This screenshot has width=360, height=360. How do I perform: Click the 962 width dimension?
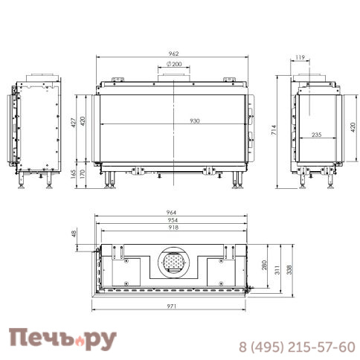click(173, 54)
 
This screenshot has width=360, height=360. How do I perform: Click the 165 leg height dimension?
click(73, 174)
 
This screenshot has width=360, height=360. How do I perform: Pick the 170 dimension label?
click(82, 174)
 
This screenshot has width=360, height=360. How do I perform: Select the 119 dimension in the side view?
click(300, 57)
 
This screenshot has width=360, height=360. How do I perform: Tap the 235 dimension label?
click(316, 135)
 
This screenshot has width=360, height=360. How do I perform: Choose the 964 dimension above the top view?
click(173, 213)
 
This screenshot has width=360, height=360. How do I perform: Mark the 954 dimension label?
click(173, 221)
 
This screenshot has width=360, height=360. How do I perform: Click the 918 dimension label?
click(173, 228)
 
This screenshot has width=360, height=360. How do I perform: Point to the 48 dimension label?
click(74, 235)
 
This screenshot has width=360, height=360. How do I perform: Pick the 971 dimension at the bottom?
click(173, 306)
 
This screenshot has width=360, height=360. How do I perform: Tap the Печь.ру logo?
click(63, 339)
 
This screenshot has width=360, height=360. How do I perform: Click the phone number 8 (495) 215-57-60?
click(296, 347)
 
